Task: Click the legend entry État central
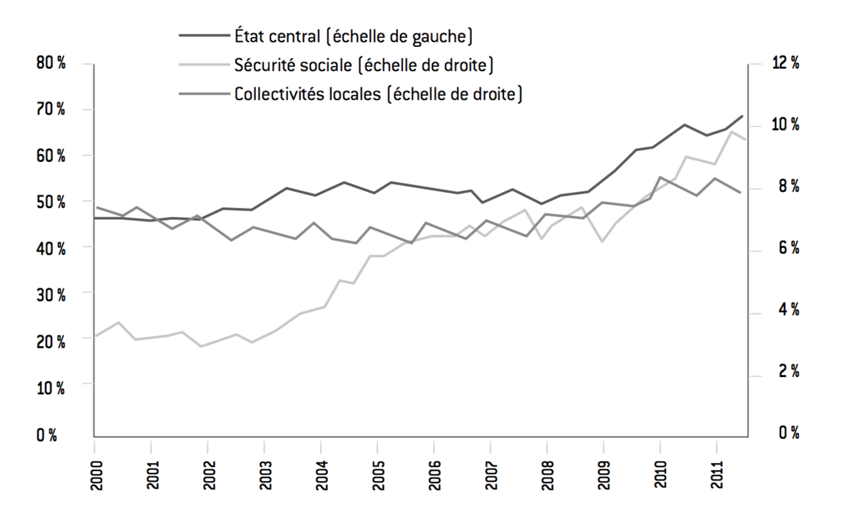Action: point(354,35)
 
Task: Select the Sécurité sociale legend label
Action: point(363,65)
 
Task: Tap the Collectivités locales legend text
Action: point(378,94)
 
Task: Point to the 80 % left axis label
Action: point(51,64)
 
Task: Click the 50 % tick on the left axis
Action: point(51,202)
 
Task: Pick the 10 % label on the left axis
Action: point(51,387)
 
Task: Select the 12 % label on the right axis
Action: point(785,64)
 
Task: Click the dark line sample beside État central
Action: point(204,35)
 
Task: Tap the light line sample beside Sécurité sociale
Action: point(204,65)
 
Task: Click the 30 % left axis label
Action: point(51,294)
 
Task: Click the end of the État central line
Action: point(743,116)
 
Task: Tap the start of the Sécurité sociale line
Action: point(95,336)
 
